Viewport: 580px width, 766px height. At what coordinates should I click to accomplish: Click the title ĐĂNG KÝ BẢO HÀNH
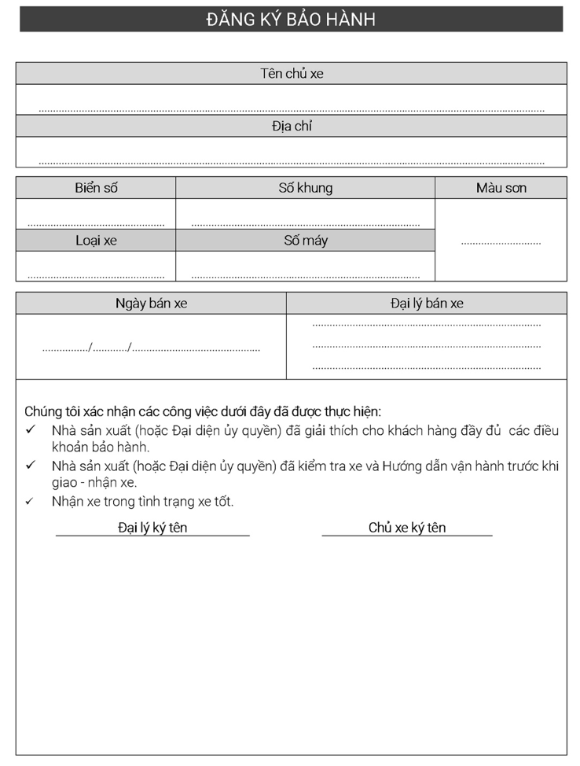coord(291,20)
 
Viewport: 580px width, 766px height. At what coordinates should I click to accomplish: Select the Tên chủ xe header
coord(292,74)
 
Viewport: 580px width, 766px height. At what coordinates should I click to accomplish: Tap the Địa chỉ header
coord(292,126)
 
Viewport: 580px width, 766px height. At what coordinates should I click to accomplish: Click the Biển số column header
coord(96,188)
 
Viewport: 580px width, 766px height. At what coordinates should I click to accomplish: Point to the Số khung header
coord(305,188)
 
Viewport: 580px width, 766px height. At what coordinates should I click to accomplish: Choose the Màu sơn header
coord(501,188)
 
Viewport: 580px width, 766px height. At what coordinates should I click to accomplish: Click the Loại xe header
coord(96,241)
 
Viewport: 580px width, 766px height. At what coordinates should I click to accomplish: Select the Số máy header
coord(305,241)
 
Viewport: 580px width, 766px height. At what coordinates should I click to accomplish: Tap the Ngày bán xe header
coord(151,304)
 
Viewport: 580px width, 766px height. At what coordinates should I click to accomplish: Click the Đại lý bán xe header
coord(427,304)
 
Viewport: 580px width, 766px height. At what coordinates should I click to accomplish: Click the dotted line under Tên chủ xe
coord(292,111)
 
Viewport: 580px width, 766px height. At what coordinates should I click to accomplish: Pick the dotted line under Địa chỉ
coord(292,163)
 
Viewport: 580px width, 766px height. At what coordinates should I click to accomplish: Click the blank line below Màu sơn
coord(501,243)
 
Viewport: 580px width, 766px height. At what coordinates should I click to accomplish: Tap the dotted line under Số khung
coord(305,225)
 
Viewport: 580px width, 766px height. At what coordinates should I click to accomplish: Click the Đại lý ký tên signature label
coord(152,528)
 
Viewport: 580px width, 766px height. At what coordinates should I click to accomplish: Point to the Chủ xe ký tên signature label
coord(407,528)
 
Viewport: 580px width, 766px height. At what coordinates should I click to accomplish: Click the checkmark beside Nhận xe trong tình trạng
coord(30,501)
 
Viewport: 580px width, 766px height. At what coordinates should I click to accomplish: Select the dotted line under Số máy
coord(305,277)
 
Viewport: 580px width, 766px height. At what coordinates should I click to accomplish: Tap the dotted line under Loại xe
coord(96,277)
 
